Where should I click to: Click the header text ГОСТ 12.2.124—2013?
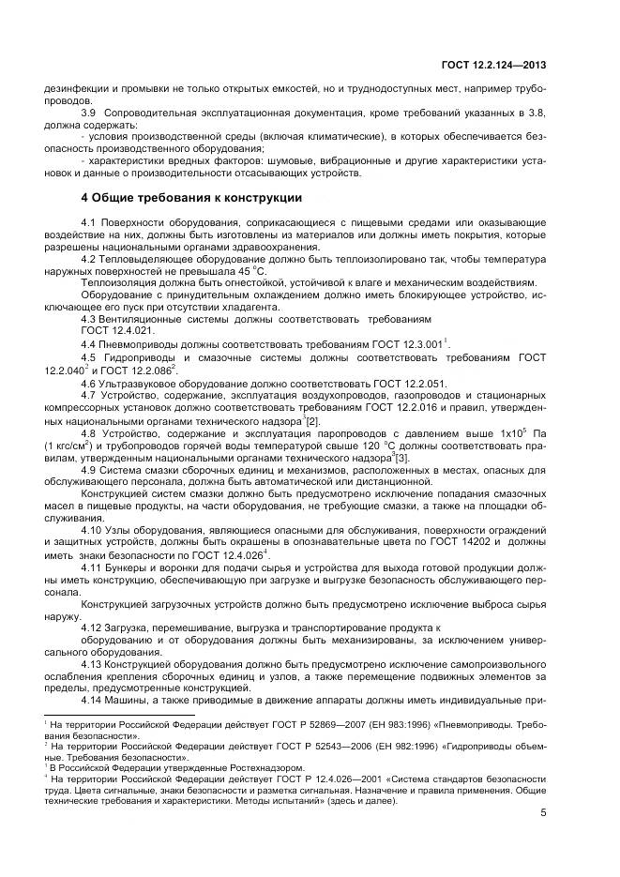[495, 65]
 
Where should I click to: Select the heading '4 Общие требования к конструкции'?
[191, 198]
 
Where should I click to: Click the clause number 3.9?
[90, 113]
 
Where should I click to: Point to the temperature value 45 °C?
[246, 270]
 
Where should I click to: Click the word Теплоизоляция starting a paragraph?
[120, 282]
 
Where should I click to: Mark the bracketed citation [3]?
[402, 457]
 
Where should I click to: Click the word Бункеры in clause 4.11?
[129, 567]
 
